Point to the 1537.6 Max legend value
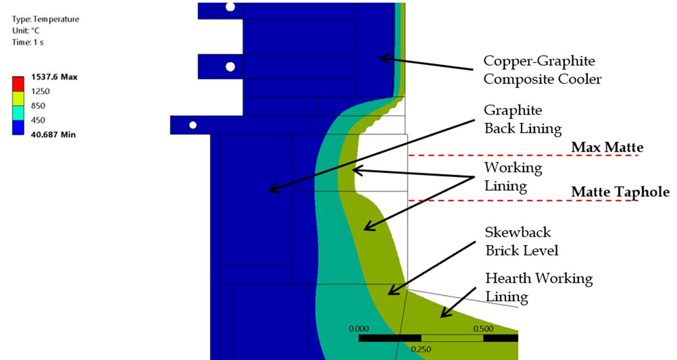point(54,77)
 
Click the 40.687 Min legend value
point(53,134)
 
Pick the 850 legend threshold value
point(38,106)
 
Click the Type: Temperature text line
point(45,19)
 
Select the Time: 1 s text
point(28,42)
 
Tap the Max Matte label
point(607,148)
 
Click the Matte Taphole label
point(620,192)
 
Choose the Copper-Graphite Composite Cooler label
point(542,70)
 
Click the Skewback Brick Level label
point(522,241)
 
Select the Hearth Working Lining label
point(538,287)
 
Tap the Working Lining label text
point(513,177)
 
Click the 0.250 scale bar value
point(421,349)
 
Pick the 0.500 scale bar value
point(483,329)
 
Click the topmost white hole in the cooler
point(230,7)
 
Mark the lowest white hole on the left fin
point(193,125)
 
